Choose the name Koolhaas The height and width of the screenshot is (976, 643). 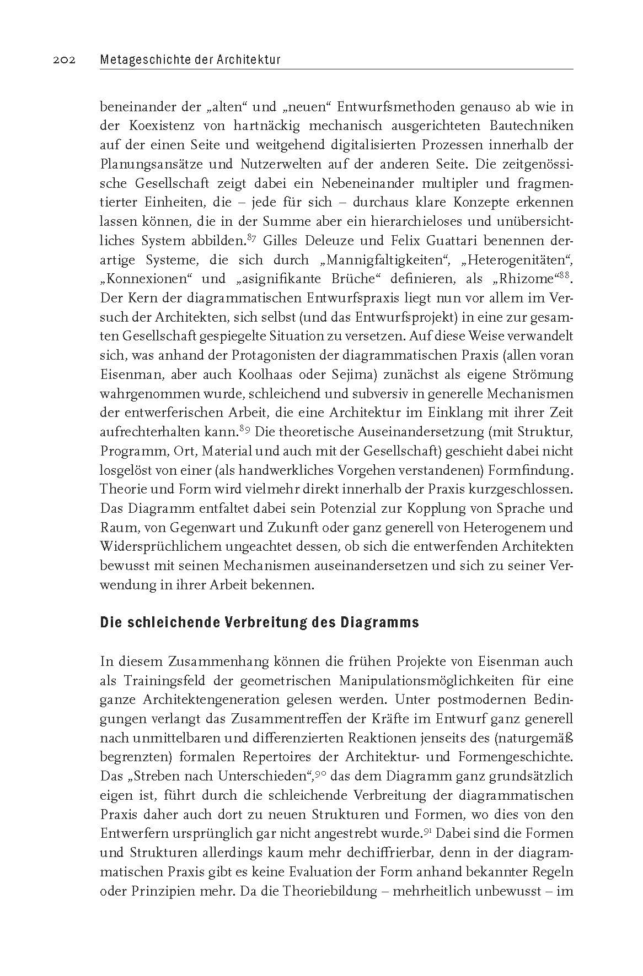(x=290, y=375)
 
